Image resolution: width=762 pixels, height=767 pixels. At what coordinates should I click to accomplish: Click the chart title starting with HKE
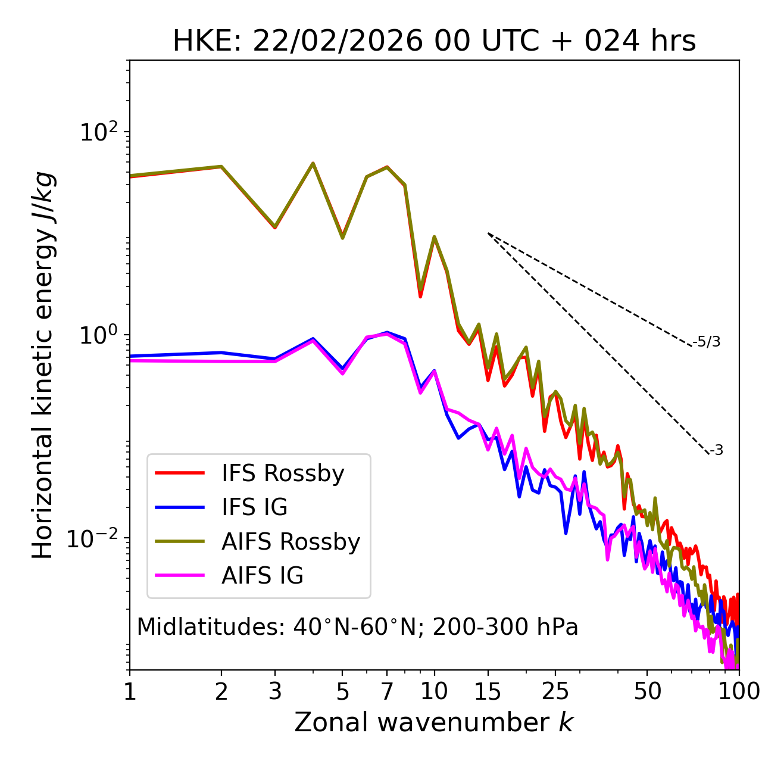coord(434,42)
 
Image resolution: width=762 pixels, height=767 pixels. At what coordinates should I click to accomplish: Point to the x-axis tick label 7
coord(387,691)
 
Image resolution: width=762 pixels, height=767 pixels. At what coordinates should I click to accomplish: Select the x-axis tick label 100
coord(738,691)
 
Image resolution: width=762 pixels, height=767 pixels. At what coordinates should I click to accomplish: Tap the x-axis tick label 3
coord(274,691)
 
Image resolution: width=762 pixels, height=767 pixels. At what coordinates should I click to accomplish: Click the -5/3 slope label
coord(707,342)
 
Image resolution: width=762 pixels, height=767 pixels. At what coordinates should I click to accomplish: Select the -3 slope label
coord(716,451)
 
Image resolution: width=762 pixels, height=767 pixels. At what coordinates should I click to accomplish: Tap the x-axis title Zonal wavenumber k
coord(434,722)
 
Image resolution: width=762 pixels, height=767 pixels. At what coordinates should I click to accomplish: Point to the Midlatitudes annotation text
coord(357,627)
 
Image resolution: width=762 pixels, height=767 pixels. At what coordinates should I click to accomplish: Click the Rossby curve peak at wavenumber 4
coord(313,163)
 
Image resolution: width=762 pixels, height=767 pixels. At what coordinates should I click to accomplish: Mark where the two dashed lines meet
coord(488,233)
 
